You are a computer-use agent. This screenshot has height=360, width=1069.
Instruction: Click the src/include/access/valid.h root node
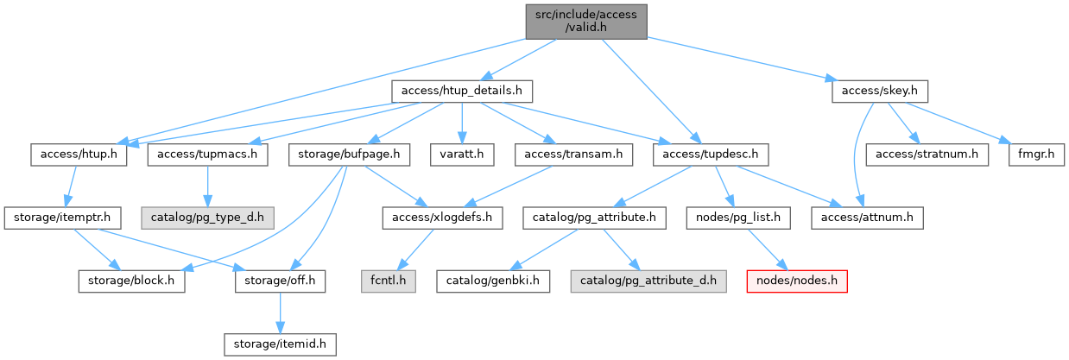[x=586, y=21]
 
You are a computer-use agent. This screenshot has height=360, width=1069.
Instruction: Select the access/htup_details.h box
[x=461, y=90]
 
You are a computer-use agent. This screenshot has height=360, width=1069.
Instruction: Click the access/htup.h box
[x=79, y=155]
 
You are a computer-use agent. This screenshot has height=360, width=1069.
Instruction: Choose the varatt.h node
[x=464, y=155]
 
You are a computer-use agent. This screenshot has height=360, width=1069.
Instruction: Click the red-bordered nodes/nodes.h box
[x=795, y=281]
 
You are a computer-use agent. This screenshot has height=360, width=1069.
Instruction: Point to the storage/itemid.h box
[x=278, y=344]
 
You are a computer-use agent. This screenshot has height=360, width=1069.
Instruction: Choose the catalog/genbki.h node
[x=492, y=281]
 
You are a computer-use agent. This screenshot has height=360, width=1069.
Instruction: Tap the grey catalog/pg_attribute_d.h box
[x=648, y=281]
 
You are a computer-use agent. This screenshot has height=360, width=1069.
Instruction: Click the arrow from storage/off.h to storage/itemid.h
[x=279, y=313]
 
